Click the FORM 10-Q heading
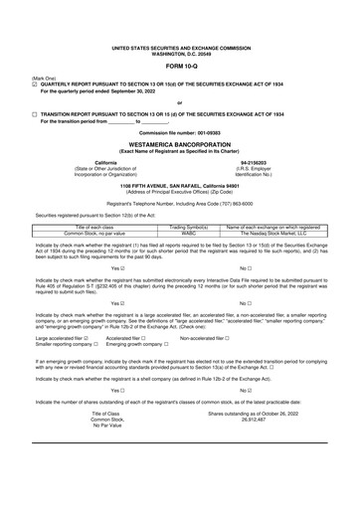[180, 67]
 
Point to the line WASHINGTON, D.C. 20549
[180, 52]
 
